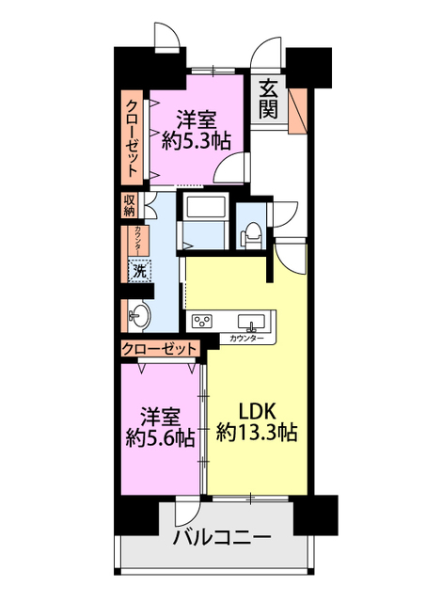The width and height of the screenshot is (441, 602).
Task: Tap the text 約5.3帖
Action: [197, 141]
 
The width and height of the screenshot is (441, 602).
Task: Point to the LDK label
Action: [257, 411]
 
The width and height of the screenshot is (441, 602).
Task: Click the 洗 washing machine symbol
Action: [138, 271]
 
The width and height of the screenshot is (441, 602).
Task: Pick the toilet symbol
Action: [251, 230]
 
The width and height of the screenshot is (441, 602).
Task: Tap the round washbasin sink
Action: [140, 314]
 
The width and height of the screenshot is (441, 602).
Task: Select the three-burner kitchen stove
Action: [203, 321]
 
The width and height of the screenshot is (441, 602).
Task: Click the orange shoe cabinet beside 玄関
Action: [299, 108]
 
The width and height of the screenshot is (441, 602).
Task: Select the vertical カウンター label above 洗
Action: [138, 239]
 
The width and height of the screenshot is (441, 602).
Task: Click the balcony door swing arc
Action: [184, 512]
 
